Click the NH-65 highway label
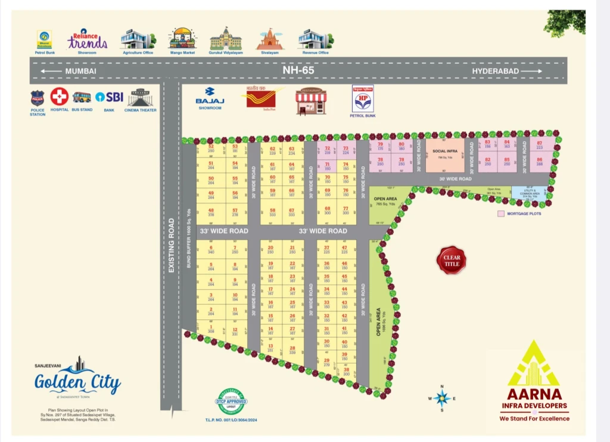pos(298,70)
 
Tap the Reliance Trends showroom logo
pos(88,39)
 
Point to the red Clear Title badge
pos(452,260)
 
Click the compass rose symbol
pos(441,398)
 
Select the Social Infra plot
pos(444,155)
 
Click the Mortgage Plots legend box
pos(501,213)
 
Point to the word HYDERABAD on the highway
pos(496,71)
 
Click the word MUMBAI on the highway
pos(80,71)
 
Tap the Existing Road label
pos(172,245)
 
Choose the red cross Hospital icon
pos(59,96)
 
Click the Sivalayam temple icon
pos(270,39)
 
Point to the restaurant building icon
pos(311,101)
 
